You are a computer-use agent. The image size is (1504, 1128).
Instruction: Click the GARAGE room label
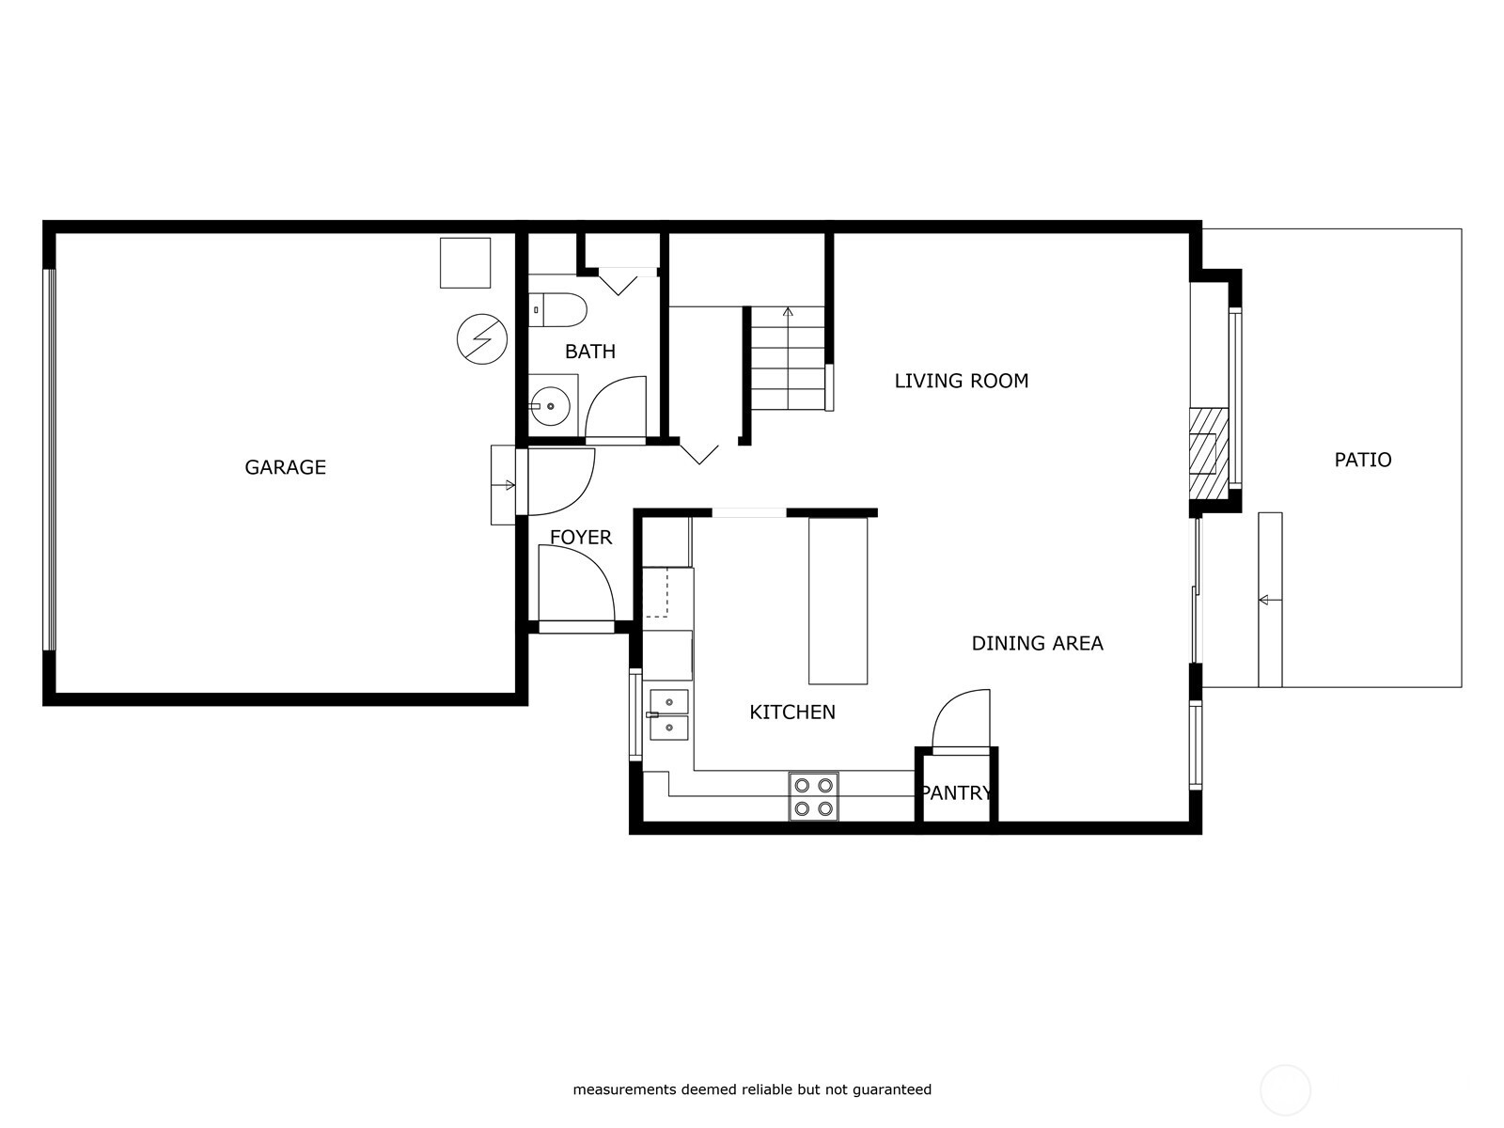[x=285, y=467]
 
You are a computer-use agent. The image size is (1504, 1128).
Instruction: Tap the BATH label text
[x=589, y=352]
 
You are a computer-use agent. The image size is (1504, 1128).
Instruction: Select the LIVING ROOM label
[x=961, y=381]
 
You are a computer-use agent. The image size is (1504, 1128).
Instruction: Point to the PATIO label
[x=1362, y=460]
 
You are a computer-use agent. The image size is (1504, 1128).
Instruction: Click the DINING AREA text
[x=1037, y=643]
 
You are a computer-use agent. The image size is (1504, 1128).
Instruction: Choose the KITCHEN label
[x=791, y=713]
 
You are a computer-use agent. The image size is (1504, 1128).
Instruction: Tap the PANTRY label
[x=956, y=792]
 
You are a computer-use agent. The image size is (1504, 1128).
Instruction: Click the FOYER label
[x=580, y=538]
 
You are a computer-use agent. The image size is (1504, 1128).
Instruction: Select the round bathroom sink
[x=551, y=407]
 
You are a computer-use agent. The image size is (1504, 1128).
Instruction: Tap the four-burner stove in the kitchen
[x=813, y=796]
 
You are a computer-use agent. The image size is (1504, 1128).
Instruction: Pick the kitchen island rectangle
[x=838, y=602]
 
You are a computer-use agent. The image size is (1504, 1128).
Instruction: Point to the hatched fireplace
[x=1208, y=453]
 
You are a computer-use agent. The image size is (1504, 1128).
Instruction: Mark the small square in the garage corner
[x=465, y=262]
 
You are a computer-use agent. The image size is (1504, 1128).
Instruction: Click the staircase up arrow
[x=788, y=311]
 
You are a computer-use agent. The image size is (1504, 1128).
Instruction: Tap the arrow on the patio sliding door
[x=1266, y=600]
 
